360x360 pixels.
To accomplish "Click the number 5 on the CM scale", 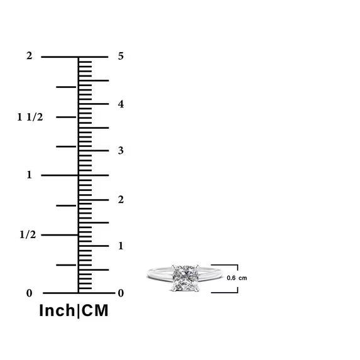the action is point(121,56).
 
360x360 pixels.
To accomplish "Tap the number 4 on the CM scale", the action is point(121,104).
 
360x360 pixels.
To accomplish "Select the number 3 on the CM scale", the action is point(121,151).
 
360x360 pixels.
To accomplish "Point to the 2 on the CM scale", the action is point(121,200).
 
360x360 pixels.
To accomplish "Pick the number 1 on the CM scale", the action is point(121,246).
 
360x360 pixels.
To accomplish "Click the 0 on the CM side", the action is point(121,293).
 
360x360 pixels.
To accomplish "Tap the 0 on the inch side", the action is point(29,293).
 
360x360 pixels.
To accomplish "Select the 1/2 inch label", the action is point(28,234).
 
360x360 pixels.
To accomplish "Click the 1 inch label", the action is point(29,175).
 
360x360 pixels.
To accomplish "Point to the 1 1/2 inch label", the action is point(30,117).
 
